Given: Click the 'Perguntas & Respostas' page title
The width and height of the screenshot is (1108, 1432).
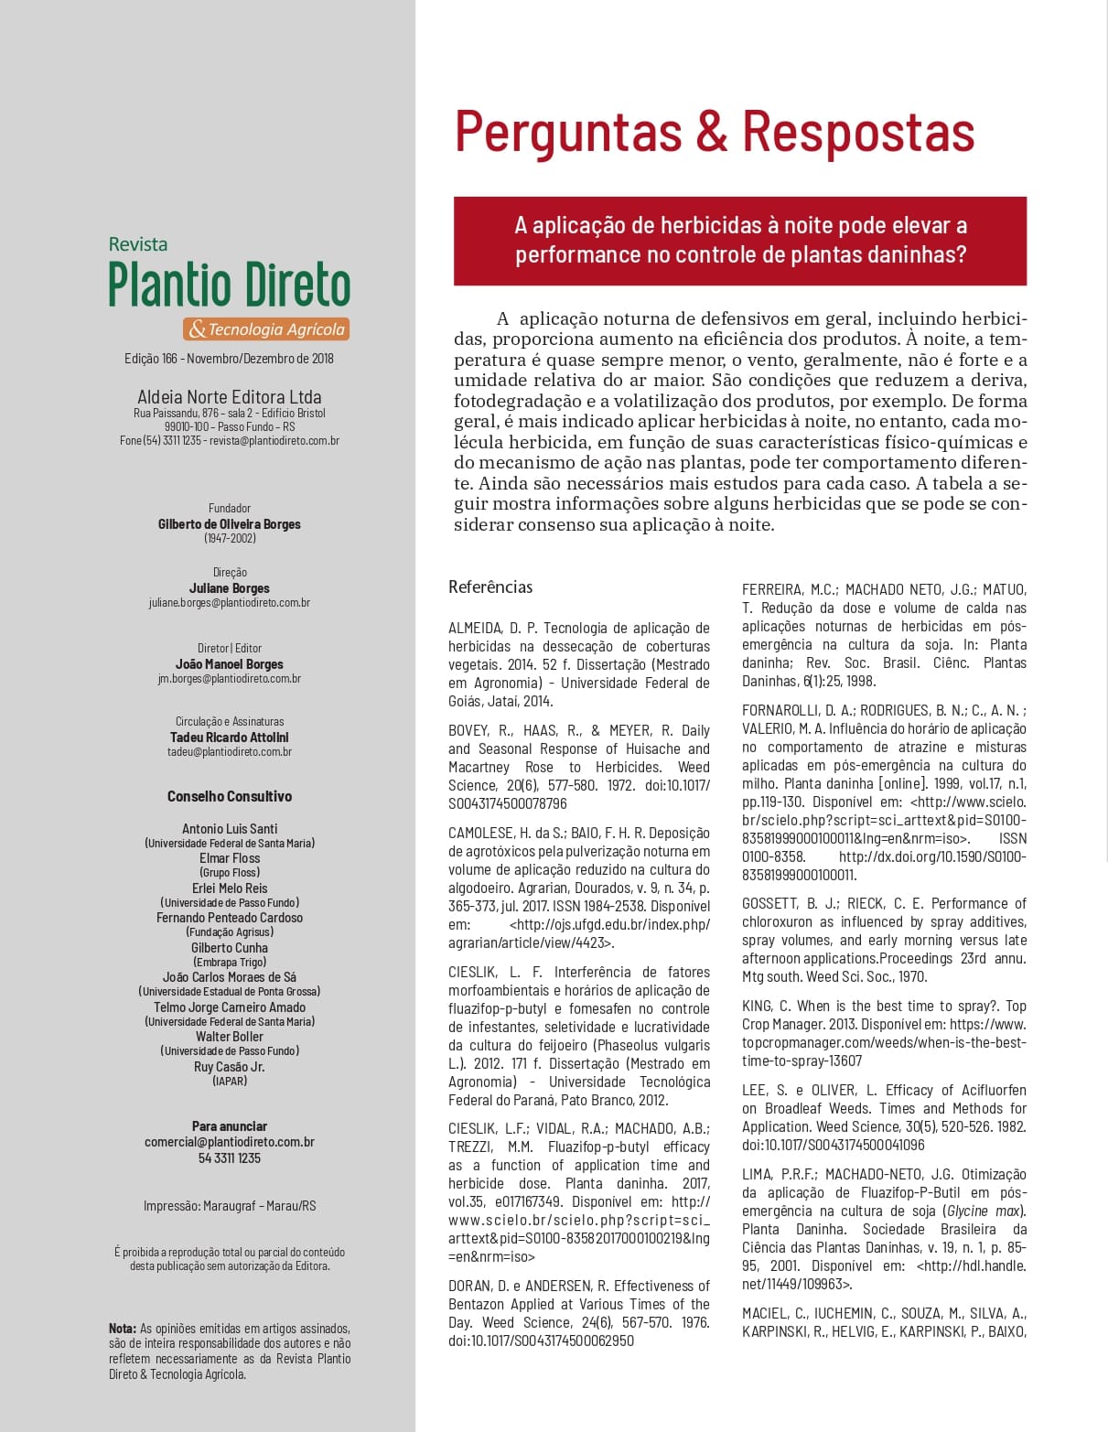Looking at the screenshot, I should pos(714,131).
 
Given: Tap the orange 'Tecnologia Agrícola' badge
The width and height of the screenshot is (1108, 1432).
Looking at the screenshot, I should pos(266,329).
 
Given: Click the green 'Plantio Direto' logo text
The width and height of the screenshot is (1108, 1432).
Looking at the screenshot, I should pos(229,285).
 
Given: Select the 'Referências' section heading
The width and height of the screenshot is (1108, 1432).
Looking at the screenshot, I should pos(490,587).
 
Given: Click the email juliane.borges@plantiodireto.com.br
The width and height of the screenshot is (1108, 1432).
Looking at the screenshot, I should pos(230,603).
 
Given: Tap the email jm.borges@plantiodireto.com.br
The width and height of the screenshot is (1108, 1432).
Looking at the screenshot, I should pos(230,679).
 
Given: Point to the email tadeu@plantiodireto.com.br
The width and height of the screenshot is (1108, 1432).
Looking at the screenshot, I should pos(230,752).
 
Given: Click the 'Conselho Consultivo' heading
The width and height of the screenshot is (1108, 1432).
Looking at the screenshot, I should pos(230,796).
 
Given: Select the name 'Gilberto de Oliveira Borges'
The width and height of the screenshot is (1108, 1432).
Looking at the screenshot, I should pos(230,524).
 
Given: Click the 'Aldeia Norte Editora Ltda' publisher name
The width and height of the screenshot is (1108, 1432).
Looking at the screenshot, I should pos(230,397).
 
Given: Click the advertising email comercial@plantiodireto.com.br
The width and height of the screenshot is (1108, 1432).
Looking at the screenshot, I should pos(230,1142).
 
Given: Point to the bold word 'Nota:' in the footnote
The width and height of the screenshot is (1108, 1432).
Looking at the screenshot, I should pos(123,1329).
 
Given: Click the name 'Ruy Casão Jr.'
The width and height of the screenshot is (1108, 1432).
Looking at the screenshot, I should pos(230,1067).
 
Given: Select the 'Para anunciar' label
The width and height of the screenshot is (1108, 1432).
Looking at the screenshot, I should pos(230,1126).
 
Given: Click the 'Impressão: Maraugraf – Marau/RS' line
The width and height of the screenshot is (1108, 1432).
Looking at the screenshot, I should pos(230,1206).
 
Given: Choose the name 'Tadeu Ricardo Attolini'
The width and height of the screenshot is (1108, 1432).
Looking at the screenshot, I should pos(230,738).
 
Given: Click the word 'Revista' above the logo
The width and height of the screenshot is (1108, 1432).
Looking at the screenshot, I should pos(138,244).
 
